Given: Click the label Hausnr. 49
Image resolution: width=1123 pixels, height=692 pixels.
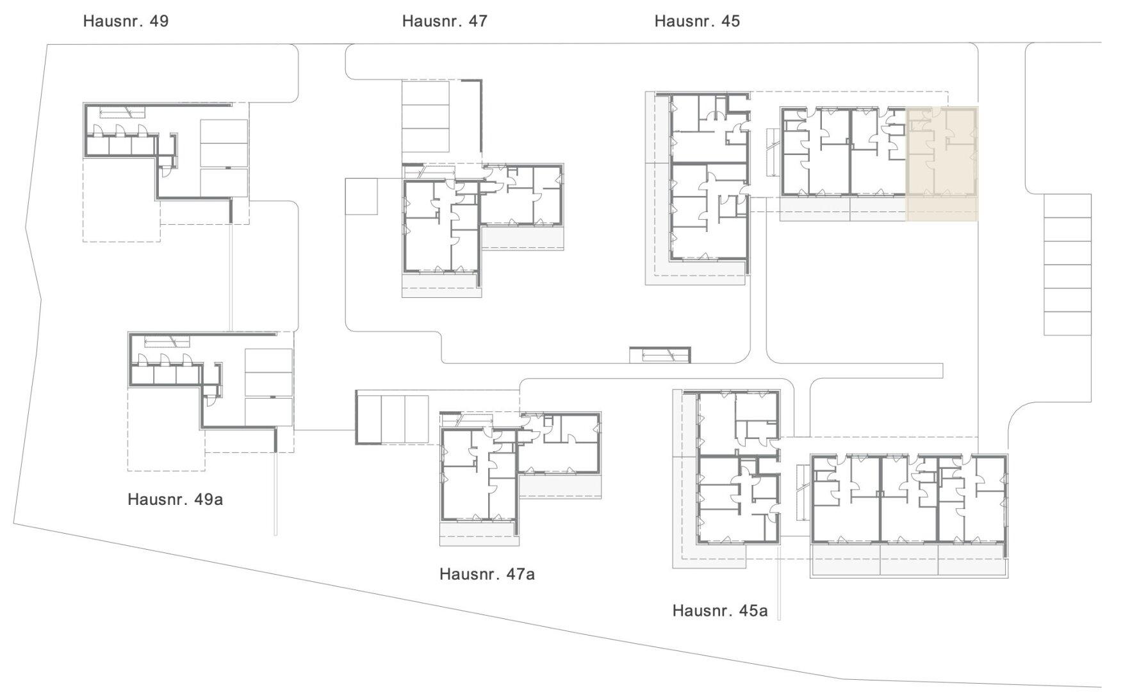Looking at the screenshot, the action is coord(126,21).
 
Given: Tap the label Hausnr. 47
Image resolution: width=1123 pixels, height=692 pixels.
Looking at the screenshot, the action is coord(445,21).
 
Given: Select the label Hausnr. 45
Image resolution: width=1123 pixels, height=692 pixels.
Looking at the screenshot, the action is coord(697,21).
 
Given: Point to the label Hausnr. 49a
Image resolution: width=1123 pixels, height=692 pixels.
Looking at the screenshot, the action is coord(175,499).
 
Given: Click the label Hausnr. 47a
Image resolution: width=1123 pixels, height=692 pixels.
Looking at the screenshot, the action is coord(487,574).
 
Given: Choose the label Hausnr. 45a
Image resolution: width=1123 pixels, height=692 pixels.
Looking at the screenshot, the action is coord(720,611).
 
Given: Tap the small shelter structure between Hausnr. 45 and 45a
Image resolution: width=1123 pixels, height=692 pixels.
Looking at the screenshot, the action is coord(660,354).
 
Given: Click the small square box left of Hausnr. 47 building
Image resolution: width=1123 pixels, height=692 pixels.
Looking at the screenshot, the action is coord(361,196).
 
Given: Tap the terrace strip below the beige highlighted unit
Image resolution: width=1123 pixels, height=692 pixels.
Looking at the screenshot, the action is coord(942,209).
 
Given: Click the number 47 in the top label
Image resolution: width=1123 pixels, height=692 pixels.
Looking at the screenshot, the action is coord(478,21).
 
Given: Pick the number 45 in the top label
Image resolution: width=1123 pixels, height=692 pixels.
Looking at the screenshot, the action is coord(730,21).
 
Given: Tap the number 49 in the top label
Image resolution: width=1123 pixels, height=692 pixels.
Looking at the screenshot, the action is coord(159,21).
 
